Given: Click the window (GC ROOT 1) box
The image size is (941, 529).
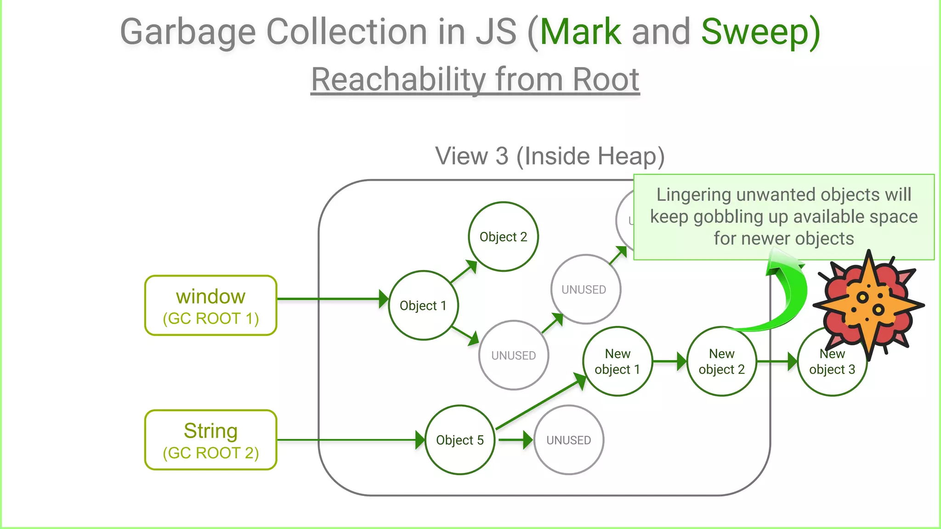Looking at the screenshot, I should click(210, 306).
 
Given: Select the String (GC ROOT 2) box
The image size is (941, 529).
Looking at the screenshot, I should click(210, 440).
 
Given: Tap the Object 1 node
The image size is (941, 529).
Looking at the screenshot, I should click(423, 305).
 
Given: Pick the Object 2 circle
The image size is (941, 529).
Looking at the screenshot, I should click(503, 237).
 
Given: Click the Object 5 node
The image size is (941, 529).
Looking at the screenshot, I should click(459, 440).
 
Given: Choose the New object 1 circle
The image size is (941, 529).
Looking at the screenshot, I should click(617, 361).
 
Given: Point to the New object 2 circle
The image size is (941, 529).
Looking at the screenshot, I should click(721, 361).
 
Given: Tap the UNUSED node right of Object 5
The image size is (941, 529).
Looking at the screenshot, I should click(569, 440).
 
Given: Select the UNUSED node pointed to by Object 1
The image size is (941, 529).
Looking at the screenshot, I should click(513, 355).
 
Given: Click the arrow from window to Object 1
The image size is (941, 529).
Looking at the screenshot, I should click(331, 299).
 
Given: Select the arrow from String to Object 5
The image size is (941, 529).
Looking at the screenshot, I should click(349, 440).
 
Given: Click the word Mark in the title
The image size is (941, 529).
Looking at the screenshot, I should click(580, 32).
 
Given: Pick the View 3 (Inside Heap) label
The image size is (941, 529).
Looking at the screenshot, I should click(550, 156).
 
